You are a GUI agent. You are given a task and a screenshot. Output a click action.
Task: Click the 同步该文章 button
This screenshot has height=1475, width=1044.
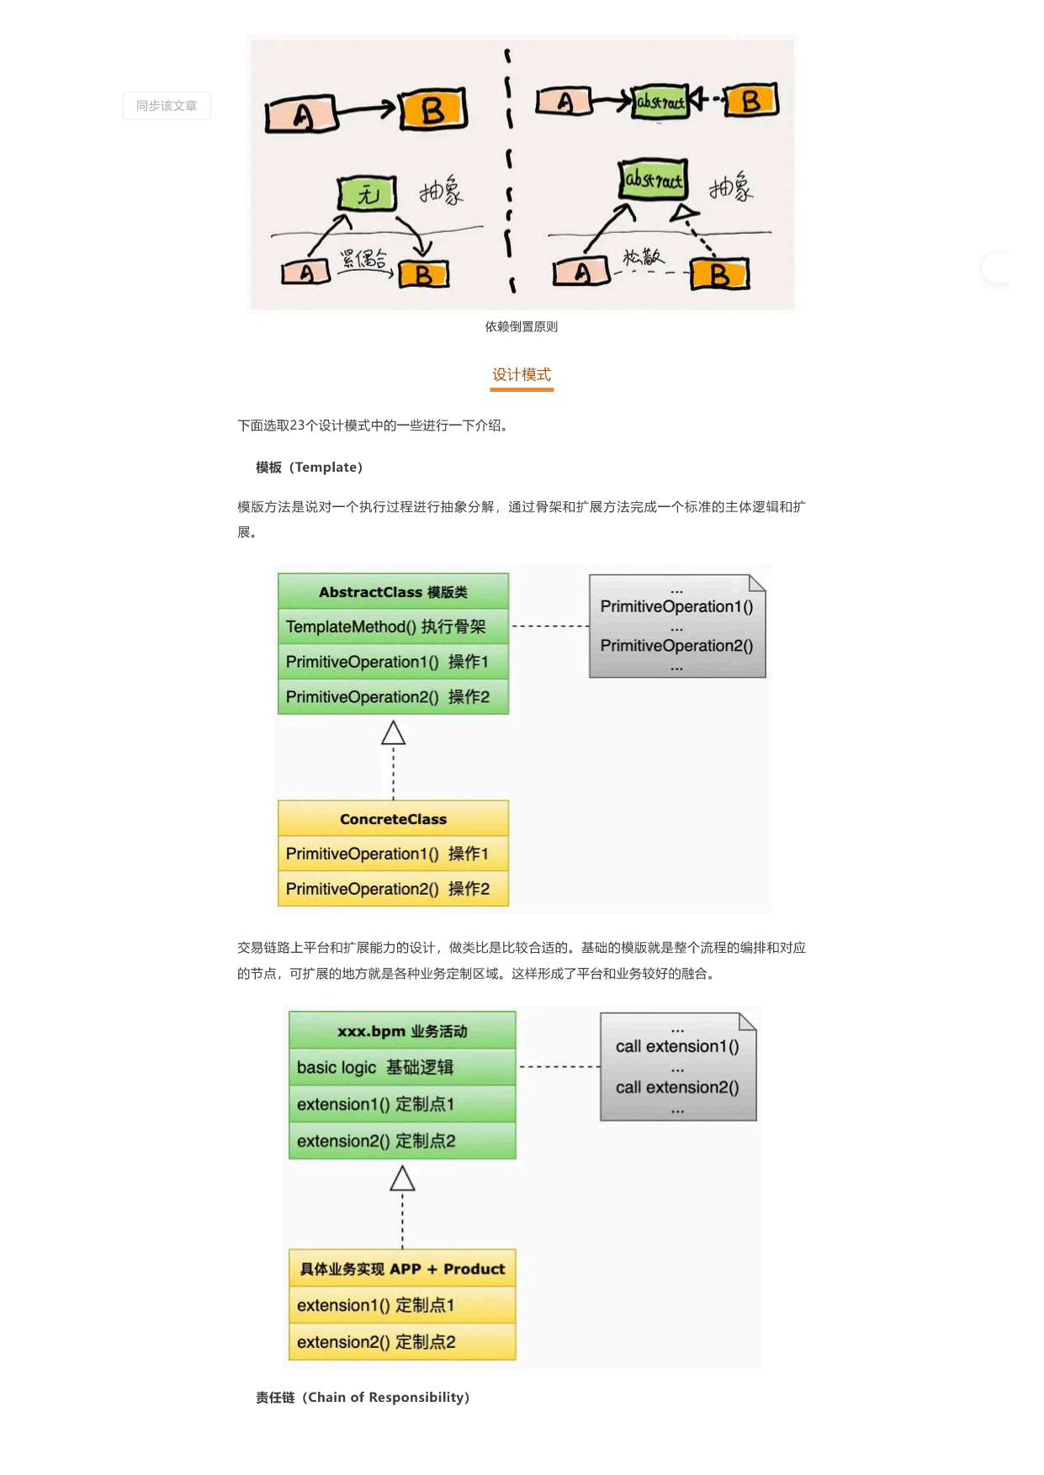(167, 106)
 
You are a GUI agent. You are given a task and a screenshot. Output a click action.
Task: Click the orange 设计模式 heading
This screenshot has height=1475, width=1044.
(522, 375)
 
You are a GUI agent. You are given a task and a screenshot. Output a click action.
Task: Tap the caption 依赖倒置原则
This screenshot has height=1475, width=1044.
(522, 327)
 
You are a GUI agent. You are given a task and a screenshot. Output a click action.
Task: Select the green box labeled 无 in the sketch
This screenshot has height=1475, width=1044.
(368, 194)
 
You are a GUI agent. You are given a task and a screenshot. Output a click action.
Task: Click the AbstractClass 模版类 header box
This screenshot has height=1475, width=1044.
(393, 592)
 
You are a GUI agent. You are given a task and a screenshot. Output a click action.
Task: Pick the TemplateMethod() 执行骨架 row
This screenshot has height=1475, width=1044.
(393, 626)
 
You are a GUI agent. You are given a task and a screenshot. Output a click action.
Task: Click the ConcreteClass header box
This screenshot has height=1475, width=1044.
(393, 819)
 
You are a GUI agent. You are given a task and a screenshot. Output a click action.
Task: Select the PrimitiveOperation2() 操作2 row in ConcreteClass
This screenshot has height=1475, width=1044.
(393, 889)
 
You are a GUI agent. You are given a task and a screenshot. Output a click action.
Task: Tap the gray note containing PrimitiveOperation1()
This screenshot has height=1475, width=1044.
(677, 626)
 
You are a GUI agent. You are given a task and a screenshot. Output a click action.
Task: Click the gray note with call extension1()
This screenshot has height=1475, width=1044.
(678, 1066)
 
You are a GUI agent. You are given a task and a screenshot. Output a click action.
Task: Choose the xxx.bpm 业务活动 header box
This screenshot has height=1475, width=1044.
(402, 1031)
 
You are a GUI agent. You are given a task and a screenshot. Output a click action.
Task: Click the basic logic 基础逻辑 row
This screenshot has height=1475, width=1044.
(402, 1067)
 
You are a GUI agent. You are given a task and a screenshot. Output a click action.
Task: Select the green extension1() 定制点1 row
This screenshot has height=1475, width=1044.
(402, 1104)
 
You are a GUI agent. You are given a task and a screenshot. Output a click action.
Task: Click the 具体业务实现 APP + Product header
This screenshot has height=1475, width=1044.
(402, 1269)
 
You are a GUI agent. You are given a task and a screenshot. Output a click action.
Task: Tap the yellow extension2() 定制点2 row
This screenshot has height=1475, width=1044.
(402, 1342)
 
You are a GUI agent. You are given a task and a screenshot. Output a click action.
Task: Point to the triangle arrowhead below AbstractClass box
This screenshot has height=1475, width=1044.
(393, 733)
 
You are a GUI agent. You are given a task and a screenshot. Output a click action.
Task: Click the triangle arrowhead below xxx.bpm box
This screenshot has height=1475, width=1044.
(402, 1179)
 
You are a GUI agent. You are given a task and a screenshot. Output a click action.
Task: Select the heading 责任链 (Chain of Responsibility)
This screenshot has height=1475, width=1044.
(363, 1398)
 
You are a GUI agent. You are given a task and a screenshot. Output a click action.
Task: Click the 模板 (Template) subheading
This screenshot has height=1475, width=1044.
(309, 468)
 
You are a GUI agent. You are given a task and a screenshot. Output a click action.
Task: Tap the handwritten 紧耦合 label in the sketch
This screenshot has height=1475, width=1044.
(364, 258)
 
